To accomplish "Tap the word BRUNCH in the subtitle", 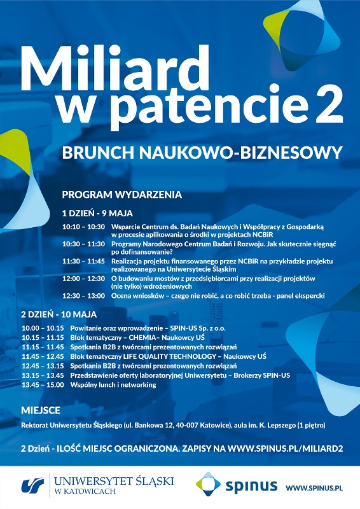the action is coord(97,153).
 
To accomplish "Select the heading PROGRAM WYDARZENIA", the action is coord(121,194).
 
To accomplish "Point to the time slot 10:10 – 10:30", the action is coord(83,227).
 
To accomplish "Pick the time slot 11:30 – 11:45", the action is coord(83,261).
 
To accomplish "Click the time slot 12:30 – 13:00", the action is coord(83,296).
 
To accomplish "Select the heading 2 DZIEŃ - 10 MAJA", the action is coord(59,314).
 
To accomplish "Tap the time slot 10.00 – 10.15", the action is coord(43,328).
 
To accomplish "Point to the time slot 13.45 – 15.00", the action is coord(43,385).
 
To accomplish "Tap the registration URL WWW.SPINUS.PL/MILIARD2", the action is coord(286,449).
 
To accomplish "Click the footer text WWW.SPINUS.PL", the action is coord(314,487).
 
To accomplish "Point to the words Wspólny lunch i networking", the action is coord(104,385).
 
